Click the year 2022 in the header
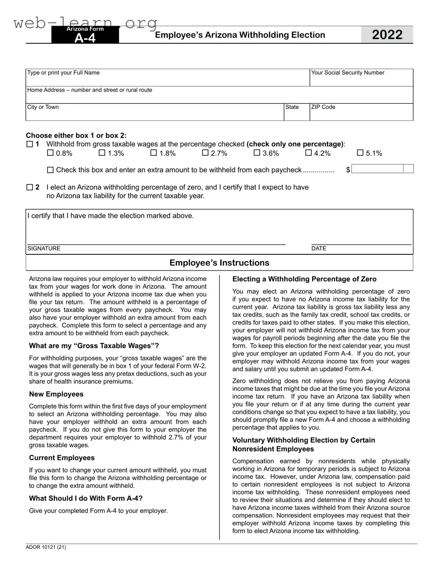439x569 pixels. (x=387, y=35)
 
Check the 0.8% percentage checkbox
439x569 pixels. (x=50, y=153)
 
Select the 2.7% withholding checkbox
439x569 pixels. (x=205, y=153)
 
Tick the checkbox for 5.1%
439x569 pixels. (x=360, y=153)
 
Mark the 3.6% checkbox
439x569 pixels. (x=257, y=153)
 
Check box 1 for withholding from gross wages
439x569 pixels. (x=30, y=144)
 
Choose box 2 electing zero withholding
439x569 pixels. (x=30, y=187)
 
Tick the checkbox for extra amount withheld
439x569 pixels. (x=50, y=170)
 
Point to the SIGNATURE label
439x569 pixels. (x=44, y=249)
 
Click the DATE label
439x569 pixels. (x=319, y=249)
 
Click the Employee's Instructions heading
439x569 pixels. (x=219, y=263)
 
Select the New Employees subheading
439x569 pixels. (x=56, y=394)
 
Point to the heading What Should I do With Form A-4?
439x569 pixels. (x=86, y=498)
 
